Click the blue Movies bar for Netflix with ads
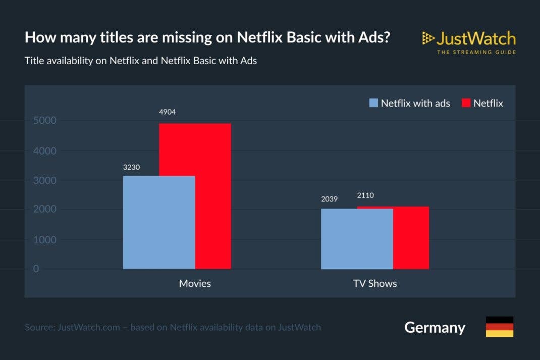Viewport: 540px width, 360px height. coord(159,222)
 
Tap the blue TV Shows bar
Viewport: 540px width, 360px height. coord(357,238)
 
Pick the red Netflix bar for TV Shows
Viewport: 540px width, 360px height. coord(411,237)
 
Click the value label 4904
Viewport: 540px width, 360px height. coord(167,112)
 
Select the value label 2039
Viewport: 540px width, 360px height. coord(329,199)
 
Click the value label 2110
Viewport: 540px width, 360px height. coord(365,195)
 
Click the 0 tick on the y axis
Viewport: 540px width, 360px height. coord(36,269)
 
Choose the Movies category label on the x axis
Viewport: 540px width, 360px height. coord(195,283)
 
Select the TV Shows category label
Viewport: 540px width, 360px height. coord(375,283)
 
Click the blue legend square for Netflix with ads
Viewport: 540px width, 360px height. coord(373,103)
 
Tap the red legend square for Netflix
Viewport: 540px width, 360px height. coord(466,103)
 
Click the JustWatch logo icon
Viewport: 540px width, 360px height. coord(428,38)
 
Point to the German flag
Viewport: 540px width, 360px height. coord(499,327)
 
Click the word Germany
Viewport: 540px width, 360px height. coord(435,327)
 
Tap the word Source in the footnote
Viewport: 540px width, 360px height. coord(40,327)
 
